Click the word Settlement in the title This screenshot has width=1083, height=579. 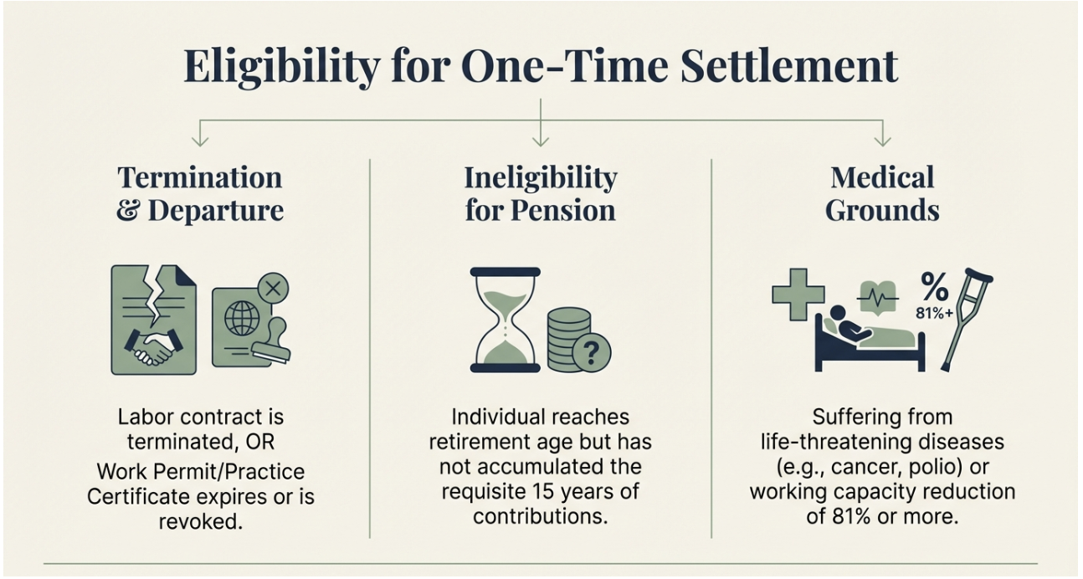point(789,66)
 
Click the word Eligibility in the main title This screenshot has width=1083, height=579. point(281,68)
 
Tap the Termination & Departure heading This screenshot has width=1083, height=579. point(200,194)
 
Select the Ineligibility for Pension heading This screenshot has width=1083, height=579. point(541,194)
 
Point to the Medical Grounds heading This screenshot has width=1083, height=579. point(882,194)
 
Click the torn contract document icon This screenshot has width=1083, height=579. point(154,320)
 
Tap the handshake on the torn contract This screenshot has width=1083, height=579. point(153,346)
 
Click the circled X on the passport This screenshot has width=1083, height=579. point(273,289)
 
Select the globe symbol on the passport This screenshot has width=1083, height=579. point(242,319)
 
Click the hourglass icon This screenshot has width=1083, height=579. point(506,320)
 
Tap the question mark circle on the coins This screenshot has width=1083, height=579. point(592,353)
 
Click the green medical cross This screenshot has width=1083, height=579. point(798,295)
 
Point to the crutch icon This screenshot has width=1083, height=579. point(966,320)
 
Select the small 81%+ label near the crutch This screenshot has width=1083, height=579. point(934,313)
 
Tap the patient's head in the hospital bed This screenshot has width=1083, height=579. point(838,313)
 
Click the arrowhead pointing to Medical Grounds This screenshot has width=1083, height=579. point(883,141)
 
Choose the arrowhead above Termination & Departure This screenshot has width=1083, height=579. point(200,141)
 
